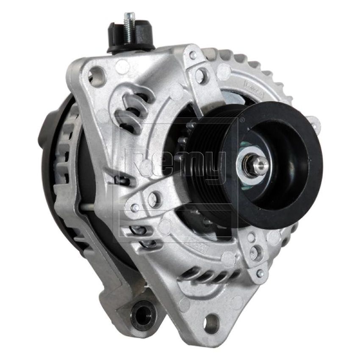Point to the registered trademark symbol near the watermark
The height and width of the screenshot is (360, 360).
[242, 120]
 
